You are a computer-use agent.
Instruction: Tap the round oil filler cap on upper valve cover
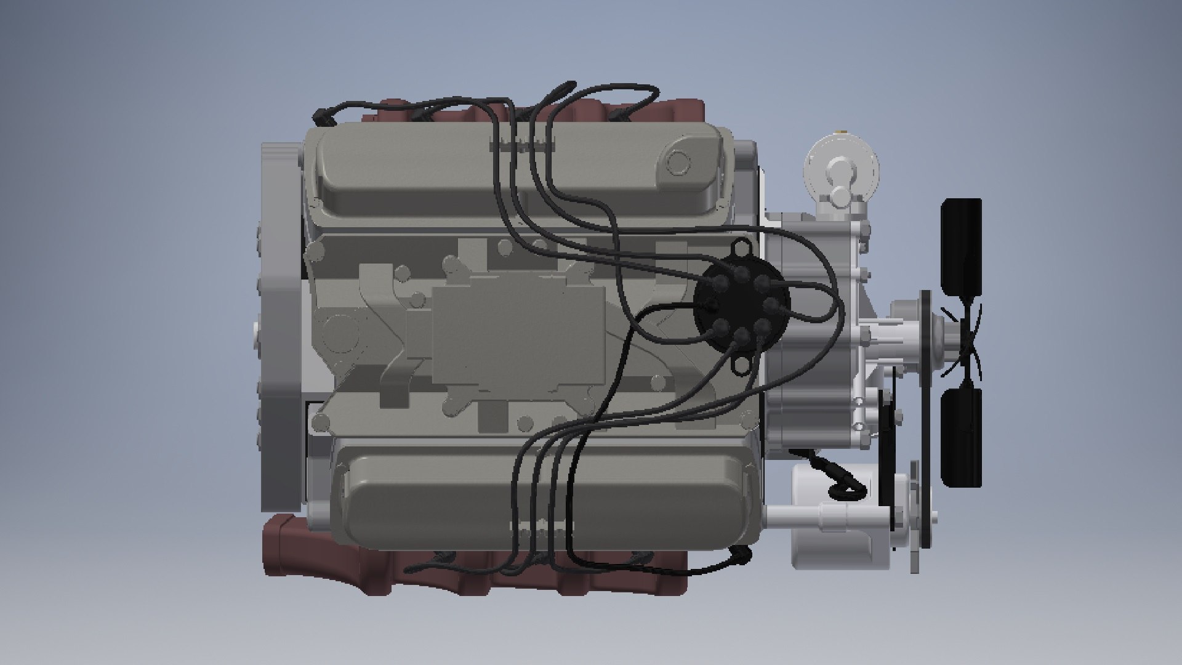(679, 162)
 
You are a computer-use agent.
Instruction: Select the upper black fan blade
(960, 246)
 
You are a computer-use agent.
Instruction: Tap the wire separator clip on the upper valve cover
(521, 146)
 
